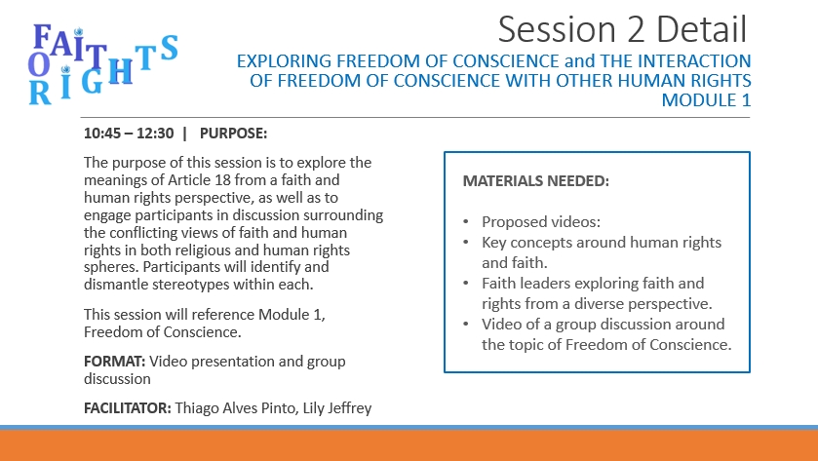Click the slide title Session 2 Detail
pyautogui.click(x=622, y=29)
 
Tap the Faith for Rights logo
pyautogui.click(x=103, y=64)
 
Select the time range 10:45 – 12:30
pyautogui.click(x=129, y=134)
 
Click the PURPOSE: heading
pyautogui.click(x=233, y=134)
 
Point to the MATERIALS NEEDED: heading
pyautogui.click(x=536, y=181)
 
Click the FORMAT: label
pyautogui.click(x=115, y=362)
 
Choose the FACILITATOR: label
pyautogui.click(x=128, y=407)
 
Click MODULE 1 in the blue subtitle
pyautogui.click(x=706, y=100)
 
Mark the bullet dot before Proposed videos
pyautogui.click(x=466, y=222)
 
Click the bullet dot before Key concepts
pyautogui.click(x=466, y=243)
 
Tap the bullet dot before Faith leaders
pyautogui.click(x=466, y=284)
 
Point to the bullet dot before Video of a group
pyautogui.click(x=466, y=325)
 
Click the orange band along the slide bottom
pyautogui.click(x=409, y=445)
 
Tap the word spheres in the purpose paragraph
pyautogui.click(x=111, y=267)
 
